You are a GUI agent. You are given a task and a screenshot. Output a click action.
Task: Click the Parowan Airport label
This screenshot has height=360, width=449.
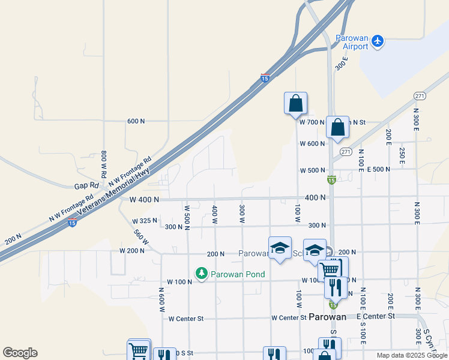point(352,41)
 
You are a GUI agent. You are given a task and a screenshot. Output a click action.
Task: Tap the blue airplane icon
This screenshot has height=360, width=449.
point(377,41)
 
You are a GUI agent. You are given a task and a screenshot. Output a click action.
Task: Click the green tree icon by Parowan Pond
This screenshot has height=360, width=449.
point(202,274)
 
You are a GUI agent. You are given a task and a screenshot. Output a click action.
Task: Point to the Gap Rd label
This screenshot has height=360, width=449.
point(86,187)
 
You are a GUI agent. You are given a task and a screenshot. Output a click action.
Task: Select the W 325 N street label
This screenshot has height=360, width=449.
point(144,221)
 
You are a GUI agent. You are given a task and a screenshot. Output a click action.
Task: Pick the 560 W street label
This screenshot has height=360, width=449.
point(142,238)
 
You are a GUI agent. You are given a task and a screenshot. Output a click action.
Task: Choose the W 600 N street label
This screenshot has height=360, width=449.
point(312,143)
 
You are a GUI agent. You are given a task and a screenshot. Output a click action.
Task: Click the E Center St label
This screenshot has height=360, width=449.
point(376,316)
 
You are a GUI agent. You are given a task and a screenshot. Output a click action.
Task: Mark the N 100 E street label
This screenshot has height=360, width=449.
point(361,160)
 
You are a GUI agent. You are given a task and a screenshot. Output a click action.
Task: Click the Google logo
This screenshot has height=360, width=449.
point(20,353)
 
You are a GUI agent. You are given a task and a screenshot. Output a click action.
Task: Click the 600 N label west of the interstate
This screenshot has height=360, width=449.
point(136,121)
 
